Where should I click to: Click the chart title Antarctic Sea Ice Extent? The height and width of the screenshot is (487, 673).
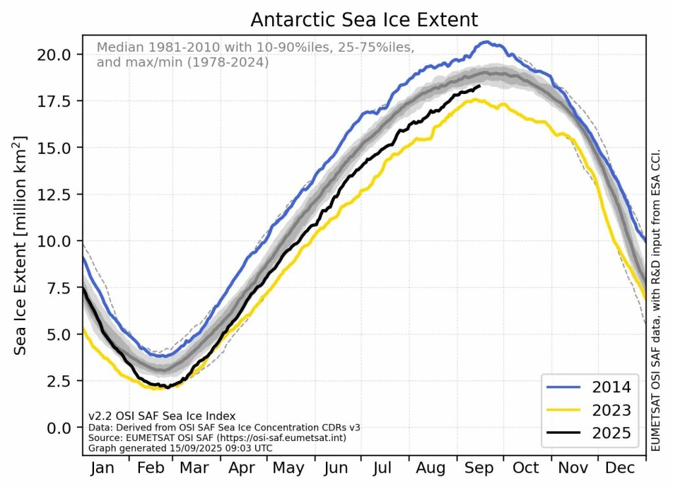[363, 20]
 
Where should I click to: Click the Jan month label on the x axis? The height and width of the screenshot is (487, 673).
[103, 469]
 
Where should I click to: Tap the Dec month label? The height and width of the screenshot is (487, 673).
[620, 469]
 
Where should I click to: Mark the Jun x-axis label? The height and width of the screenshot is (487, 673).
[336, 469]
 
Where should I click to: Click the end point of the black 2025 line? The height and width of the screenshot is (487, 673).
[480, 86]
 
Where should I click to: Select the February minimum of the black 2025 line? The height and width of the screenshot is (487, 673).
[167, 387]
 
